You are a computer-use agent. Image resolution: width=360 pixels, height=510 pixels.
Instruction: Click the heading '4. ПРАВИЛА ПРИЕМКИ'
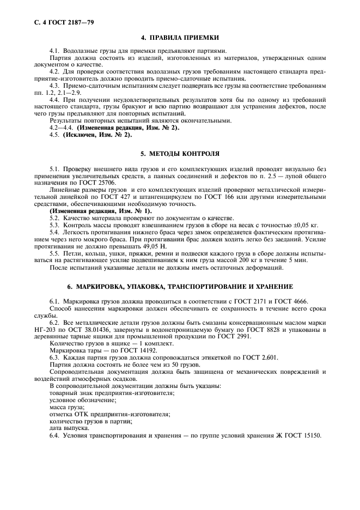point(180,38)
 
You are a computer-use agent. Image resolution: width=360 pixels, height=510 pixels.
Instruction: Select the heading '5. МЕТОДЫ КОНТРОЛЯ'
point(180,154)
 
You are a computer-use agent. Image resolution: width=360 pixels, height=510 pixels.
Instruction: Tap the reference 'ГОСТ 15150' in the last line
point(303,435)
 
